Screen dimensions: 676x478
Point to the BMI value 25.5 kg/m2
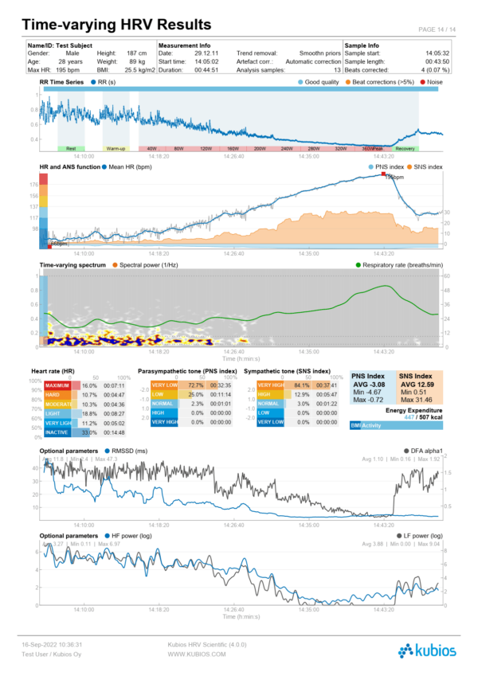135,69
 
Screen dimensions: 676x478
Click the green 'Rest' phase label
71,149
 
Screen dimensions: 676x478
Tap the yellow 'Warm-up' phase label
116,149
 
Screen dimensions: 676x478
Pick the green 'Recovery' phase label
405,149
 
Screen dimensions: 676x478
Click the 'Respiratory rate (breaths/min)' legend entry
398,264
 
